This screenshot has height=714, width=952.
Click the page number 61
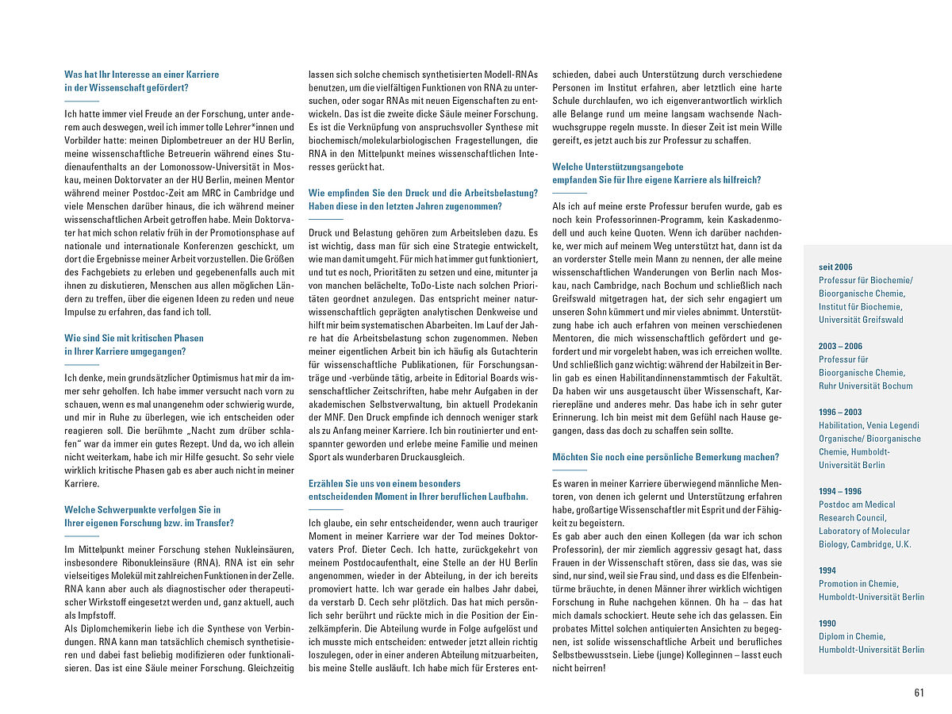click(919, 693)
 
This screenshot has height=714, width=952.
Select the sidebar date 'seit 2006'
click(835, 267)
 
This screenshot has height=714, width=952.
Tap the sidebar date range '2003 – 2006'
click(840, 347)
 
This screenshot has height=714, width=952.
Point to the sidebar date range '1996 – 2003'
click(840, 413)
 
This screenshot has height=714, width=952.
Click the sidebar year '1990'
click(827, 624)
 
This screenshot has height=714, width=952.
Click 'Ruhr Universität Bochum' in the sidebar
click(866, 386)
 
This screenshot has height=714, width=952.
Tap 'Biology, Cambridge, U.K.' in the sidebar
click(865, 544)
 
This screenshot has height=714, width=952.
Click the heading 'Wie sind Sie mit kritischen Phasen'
click(134, 338)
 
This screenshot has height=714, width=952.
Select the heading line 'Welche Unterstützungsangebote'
click(618, 167)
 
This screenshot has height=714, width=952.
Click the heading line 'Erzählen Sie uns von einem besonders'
click(384, 483)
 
